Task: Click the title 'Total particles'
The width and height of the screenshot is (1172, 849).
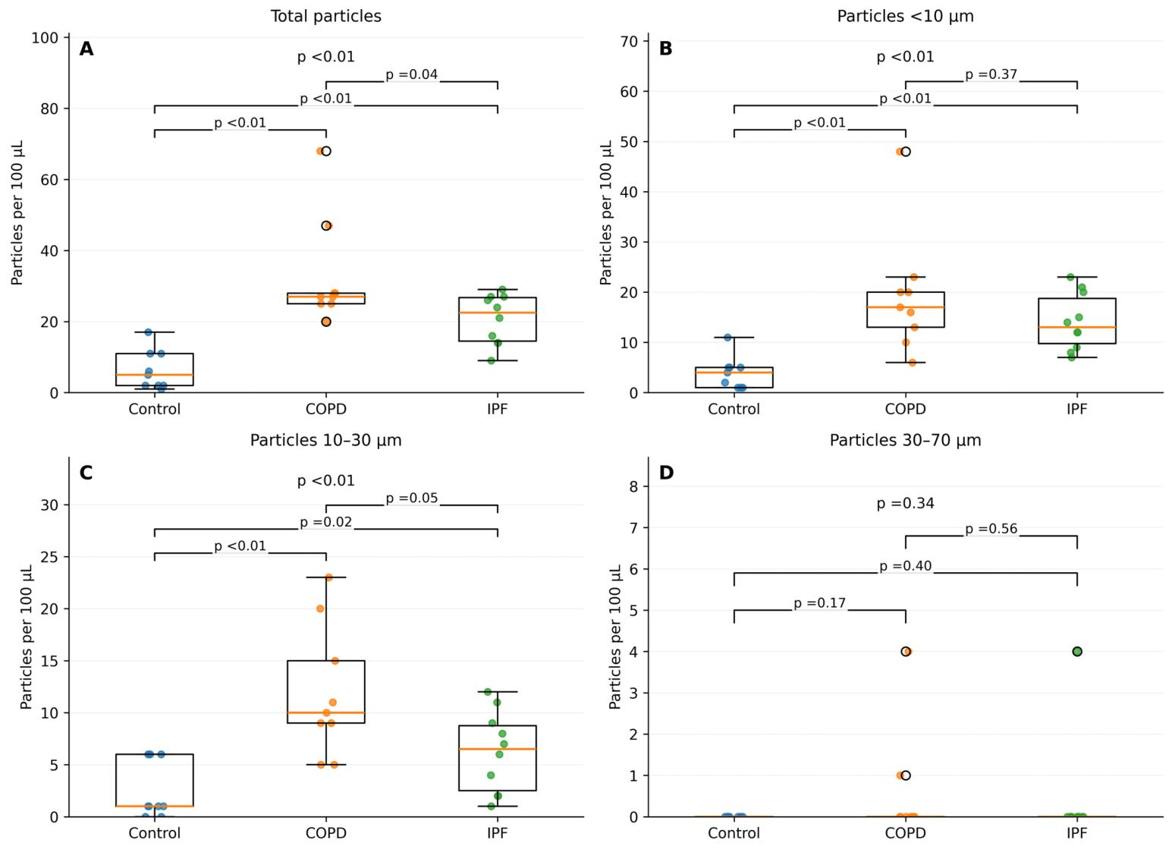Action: point(325,16)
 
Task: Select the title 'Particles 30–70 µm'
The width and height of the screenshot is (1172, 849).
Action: point(905,440)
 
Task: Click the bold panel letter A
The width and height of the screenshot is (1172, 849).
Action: point(86,49)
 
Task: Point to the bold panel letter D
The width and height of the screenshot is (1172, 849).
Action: point(666,473)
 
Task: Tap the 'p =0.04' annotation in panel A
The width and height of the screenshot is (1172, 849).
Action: point(412,75)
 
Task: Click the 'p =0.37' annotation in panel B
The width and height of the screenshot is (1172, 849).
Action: point(991,75)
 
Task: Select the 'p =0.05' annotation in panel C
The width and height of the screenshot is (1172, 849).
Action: point(412,498)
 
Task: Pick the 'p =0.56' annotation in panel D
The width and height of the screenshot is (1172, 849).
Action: point(991,529)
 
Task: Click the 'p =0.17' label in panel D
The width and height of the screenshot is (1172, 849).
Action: point(820,603)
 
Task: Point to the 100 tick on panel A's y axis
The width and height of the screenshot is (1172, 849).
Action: point(45,38)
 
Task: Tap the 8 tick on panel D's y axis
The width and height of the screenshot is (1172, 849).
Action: point(633,486)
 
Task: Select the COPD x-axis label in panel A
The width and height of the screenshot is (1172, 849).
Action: point(325,409)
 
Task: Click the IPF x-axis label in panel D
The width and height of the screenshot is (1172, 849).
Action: point(1076,833)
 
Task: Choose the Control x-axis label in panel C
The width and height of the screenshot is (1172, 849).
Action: point(154,833)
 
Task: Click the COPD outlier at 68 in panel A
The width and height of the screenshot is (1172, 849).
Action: point(325,151)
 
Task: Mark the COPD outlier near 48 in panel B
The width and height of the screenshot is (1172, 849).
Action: point(905,152)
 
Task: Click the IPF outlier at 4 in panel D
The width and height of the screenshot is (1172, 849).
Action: point(1076,652)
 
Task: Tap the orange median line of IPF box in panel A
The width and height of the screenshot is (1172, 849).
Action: point(497,313)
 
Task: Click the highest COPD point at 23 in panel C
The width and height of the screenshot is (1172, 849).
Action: point(328,577)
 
